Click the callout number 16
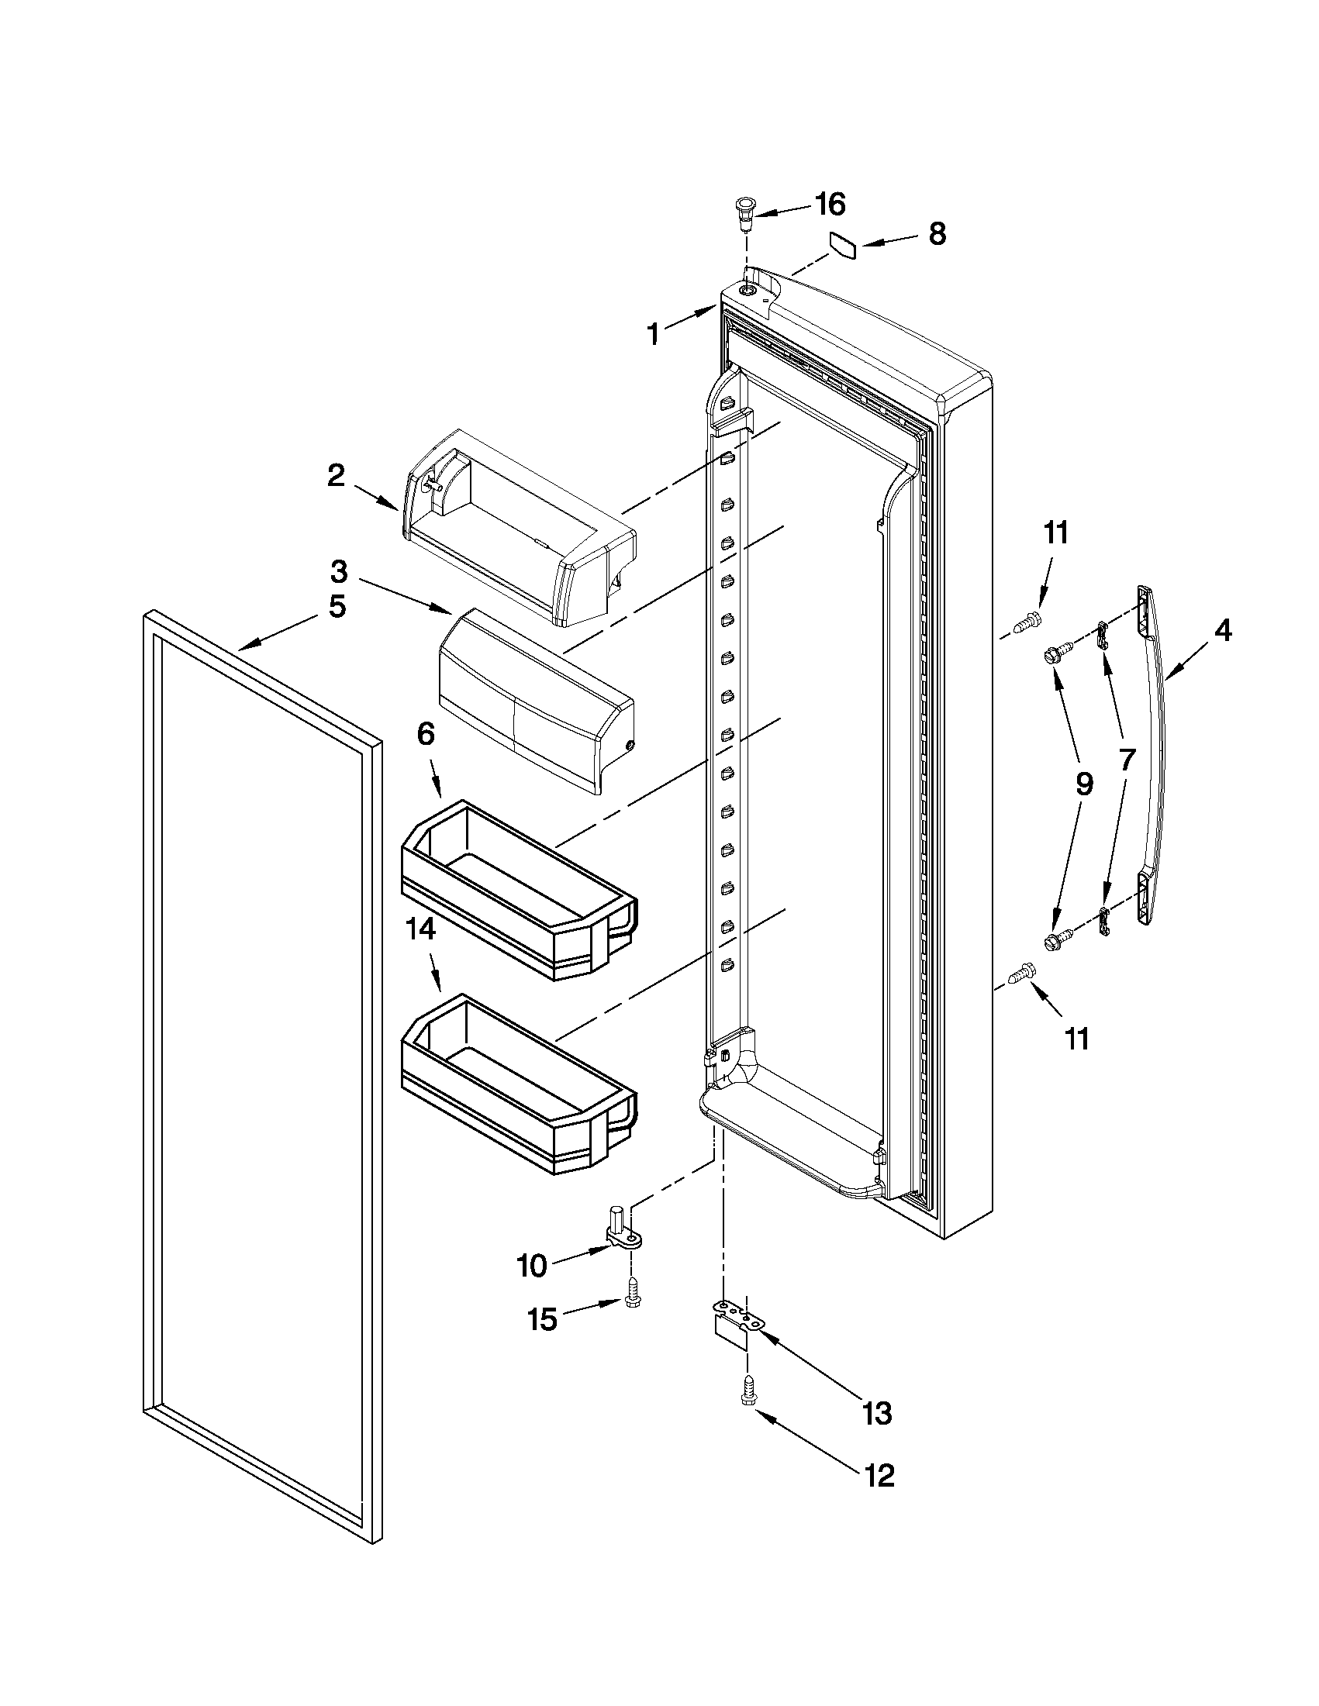click(830, 205)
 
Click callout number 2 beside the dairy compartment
click(335, 475)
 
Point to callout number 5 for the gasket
click(337, 606)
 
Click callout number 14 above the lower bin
click(420, 930)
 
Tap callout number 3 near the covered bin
click(338, 571)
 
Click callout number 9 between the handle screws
click(1084, 784)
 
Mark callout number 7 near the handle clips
click(1127, 759)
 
